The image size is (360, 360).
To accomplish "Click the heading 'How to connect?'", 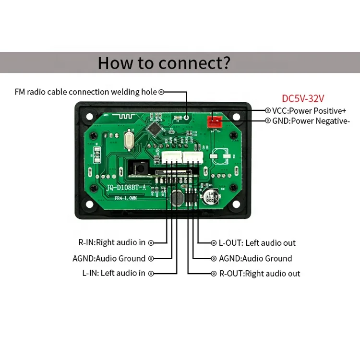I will point(164,63).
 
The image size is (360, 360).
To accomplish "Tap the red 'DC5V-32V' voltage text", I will point(303,98).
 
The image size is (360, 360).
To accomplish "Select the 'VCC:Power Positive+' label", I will point(309,110).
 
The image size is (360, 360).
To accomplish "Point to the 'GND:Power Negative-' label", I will point(311,121).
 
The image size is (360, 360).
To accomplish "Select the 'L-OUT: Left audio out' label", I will point(257,243).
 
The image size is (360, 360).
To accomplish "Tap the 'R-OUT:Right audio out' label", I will point(260,274).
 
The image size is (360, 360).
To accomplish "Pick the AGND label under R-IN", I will point(109,258).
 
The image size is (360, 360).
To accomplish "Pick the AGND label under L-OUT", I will point(255,258).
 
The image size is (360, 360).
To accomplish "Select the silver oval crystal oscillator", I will point(128,143).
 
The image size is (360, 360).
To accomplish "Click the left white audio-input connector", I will point(171,156).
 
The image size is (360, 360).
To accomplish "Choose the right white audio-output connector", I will point(193,156).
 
